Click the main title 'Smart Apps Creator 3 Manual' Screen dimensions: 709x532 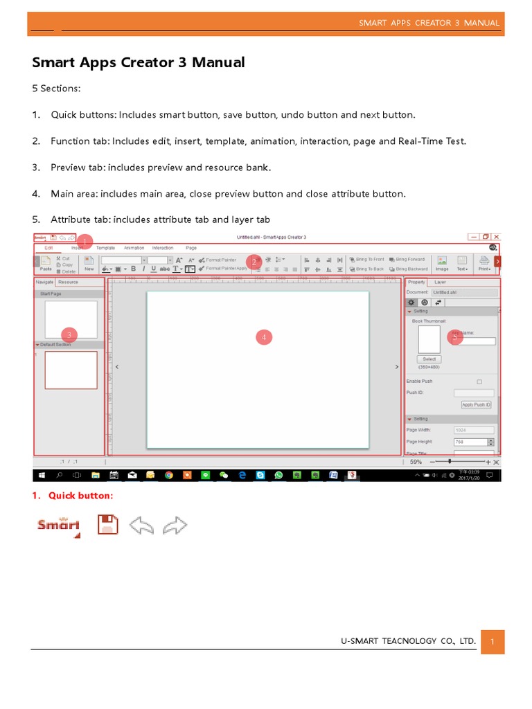[x=139, y=63]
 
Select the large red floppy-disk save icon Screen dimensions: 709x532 [x=107, y=525]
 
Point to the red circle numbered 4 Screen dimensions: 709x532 [x=263, y=337]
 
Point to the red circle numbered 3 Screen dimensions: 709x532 [x=69, y=334]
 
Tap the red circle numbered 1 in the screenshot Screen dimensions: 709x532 [x=85, y=241]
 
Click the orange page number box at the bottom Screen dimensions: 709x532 [x=492, y=641]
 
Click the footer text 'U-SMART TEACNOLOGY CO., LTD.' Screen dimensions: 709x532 [x=408, y=641]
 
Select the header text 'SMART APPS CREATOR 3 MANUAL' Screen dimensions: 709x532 [x=429, y=23]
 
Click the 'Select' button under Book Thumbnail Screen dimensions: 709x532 [x=429, y=359]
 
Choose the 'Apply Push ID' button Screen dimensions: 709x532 [x=476, y=404]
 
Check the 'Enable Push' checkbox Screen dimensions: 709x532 [x=479, y=382]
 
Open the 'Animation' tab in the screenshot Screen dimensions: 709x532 [x=134, y=248]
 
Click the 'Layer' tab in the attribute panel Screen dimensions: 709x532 [x=440, y=282]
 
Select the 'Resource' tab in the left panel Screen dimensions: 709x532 [x=68, y=282]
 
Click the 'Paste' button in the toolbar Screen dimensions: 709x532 [x=46, y=264]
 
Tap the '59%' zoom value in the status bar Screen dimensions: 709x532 [x=416, y=461]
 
